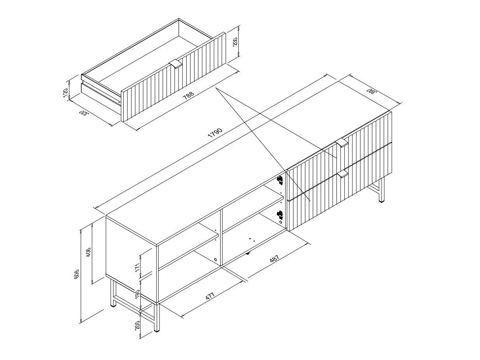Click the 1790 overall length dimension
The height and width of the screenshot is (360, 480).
(215, 133)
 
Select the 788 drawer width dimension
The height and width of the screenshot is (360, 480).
(189, 96)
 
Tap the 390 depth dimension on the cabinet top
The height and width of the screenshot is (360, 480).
(372, 91)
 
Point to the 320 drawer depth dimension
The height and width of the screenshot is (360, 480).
(84, 114)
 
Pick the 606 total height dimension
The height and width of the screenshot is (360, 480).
(77, 273)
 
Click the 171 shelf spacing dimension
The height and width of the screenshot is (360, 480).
(137, 267)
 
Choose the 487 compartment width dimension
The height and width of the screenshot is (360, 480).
(275, 259)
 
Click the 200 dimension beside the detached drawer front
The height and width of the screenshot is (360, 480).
(235, 42)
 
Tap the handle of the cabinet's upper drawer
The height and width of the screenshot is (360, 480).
(341, 143)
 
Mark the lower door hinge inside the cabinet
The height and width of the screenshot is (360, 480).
(280, 215)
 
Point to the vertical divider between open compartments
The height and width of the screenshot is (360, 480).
(221, 238)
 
